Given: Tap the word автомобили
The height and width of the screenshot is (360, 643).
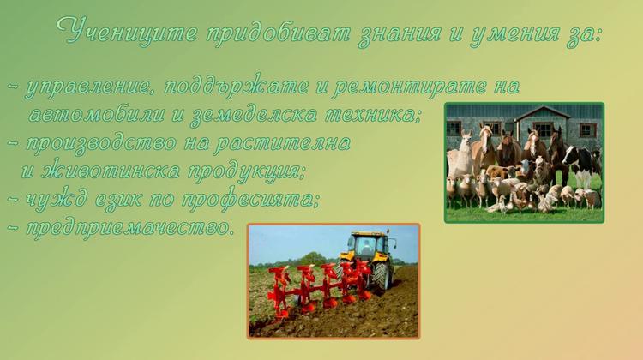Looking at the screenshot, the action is click(x=97, y=114).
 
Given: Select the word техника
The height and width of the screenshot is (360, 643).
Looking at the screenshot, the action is click(x=373, y=115).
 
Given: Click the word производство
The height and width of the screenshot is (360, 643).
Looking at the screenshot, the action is click(x=102, y=143).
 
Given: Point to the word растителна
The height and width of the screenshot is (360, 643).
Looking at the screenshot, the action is click(x=283, y=143).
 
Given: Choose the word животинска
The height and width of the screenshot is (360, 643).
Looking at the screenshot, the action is click(x=111, y=171).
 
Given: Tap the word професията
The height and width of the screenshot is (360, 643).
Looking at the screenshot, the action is click(x=250, y=200).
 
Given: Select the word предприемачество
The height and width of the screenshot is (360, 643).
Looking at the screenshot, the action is click(x=129, y=228).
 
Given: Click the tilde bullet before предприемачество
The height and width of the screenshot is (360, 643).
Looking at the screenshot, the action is click(x=13, y=227).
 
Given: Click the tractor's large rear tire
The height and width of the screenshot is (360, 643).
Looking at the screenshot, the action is click(x=382, y=275).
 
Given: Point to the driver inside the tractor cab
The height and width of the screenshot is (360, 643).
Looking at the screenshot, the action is click(x=366, y=247).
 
